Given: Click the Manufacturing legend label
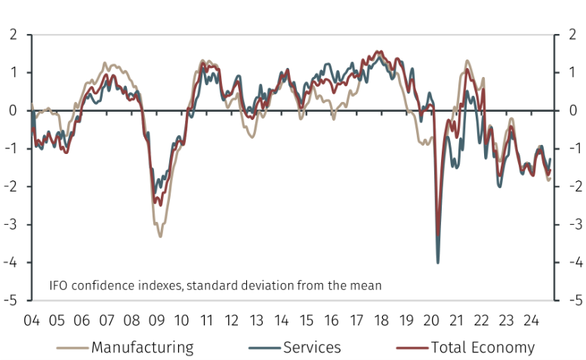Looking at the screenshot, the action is pos(143,347).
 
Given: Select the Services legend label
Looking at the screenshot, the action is pos(312,347).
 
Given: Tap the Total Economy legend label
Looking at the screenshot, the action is pos(483,347).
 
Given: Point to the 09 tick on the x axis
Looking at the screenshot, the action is pos(156,321).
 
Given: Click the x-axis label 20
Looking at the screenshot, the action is pos(431,321).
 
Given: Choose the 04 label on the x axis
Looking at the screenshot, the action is pos(32,321).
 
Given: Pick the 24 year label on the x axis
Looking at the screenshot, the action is pos(531,321).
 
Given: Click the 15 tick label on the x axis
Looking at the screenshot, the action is pos(306,321).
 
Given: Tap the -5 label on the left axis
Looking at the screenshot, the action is pos(11,300).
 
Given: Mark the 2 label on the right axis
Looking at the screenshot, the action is pos(572,35).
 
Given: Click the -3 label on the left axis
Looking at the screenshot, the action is pos(11,224).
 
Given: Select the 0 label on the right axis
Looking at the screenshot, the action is pos(573,110).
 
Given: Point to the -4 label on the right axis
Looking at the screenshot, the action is pos(576,262).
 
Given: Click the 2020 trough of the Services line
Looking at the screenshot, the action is pos(438,263).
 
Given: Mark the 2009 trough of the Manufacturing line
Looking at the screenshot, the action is pos(160,236).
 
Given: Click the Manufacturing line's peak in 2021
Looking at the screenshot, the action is pos(467,60).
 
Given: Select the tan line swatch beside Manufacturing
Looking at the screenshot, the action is pos(72,348).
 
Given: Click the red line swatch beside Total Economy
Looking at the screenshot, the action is pos(412,348).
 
